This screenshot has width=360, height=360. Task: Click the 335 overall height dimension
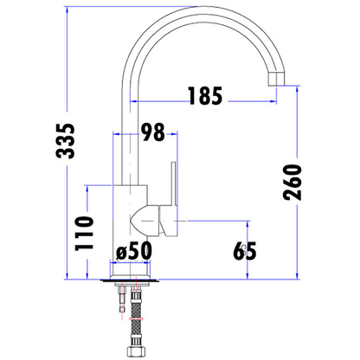[x=65, y=141]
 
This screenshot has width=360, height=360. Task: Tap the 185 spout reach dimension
[x=205, y=95]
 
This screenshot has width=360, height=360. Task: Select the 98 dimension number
[x=153, y=132]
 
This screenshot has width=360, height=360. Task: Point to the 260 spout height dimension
[x=292, y=183]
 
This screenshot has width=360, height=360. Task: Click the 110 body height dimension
[x=84, y=234]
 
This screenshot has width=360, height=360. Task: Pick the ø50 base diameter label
[x=133, y=251]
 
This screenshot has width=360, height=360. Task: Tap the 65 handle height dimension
[x=245, y=251]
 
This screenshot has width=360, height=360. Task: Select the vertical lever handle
[x=174, y=183]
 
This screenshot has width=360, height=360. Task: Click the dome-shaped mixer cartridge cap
[x=145, y=221]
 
